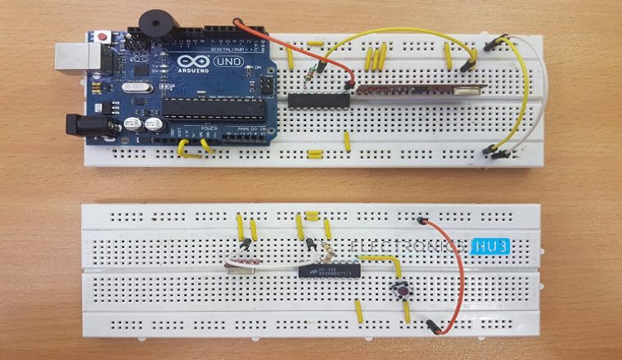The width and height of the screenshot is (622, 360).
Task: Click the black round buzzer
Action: pyautogui.click(x=151, y=24)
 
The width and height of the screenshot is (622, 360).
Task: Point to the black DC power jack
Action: pyautogui.click(x=82, y=124)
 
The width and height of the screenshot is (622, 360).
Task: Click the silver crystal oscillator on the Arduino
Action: pyautogui.click(x=136, y=85)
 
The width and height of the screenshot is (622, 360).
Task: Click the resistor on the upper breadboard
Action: pyautogui.click(x=309, y=74)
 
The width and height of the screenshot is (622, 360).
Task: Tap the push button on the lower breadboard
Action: pyautogui.click(x=403, y=290)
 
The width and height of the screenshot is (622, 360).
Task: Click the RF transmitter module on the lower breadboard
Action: pyautogui.click(x=243, y=263)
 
